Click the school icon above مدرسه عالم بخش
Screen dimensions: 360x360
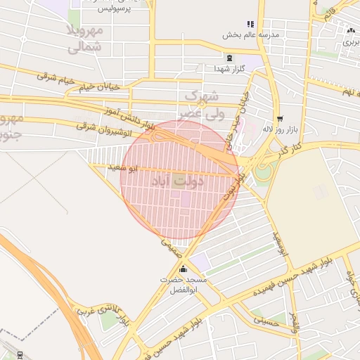point(250,24)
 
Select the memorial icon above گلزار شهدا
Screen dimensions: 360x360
point(229,58)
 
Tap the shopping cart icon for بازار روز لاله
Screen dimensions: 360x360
point(280,119)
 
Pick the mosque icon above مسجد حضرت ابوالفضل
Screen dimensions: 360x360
point(184,269)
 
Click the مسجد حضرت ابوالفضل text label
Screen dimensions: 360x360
point(184,284)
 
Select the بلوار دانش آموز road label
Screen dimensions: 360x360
point(129,117)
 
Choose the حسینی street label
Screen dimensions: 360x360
point(264,319)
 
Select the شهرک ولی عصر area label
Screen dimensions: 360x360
point(201,103)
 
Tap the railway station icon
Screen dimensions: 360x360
point(19,354)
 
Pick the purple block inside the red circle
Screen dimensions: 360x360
point(186,200)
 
